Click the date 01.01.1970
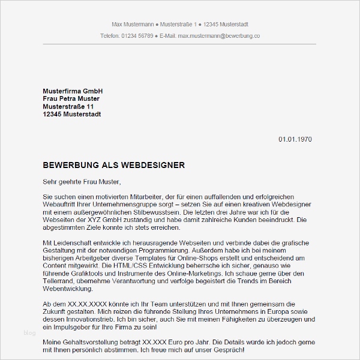[295, 139]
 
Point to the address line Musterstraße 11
[68, 106]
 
